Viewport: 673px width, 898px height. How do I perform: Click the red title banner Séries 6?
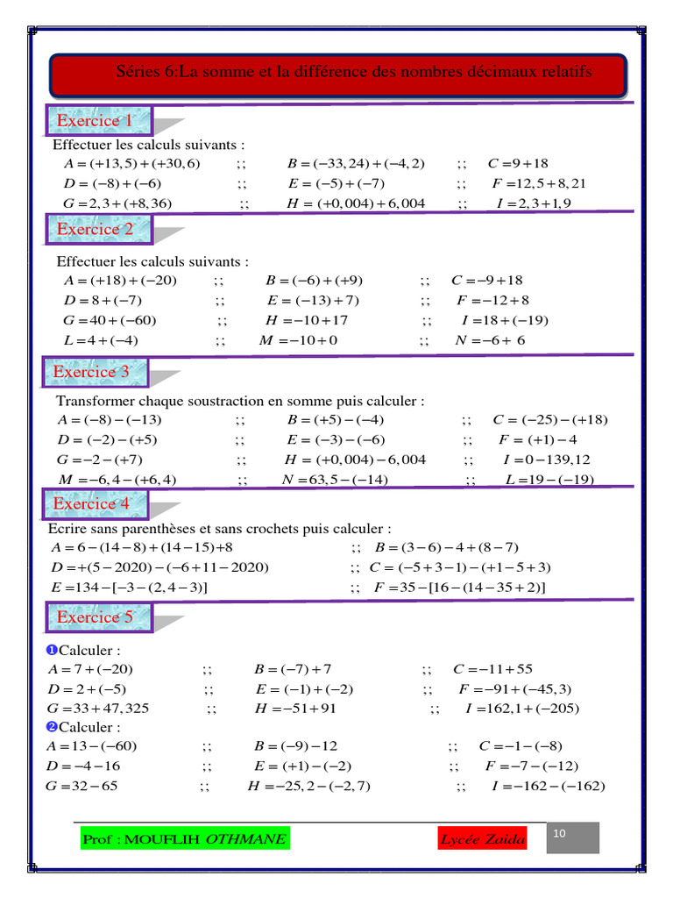[337, 73]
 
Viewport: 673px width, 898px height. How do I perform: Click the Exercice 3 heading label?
[93, 372]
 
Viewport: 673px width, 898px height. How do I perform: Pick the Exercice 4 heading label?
[93, 503]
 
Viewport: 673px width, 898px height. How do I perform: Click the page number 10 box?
[573, 837]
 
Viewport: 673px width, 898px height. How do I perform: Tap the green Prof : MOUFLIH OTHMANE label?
[184, 840]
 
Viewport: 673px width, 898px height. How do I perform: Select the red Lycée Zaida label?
[483, 840]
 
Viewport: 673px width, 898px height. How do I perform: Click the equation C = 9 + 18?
[518, 163]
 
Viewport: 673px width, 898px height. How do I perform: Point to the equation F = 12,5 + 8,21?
[540, 183]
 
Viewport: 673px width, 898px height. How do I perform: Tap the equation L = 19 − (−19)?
[550, 479]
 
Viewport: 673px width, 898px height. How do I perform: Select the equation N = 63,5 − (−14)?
[334, 479]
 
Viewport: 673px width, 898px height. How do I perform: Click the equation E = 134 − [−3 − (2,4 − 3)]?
[130, 588]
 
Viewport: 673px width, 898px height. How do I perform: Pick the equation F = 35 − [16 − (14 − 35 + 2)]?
[459, 588]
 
